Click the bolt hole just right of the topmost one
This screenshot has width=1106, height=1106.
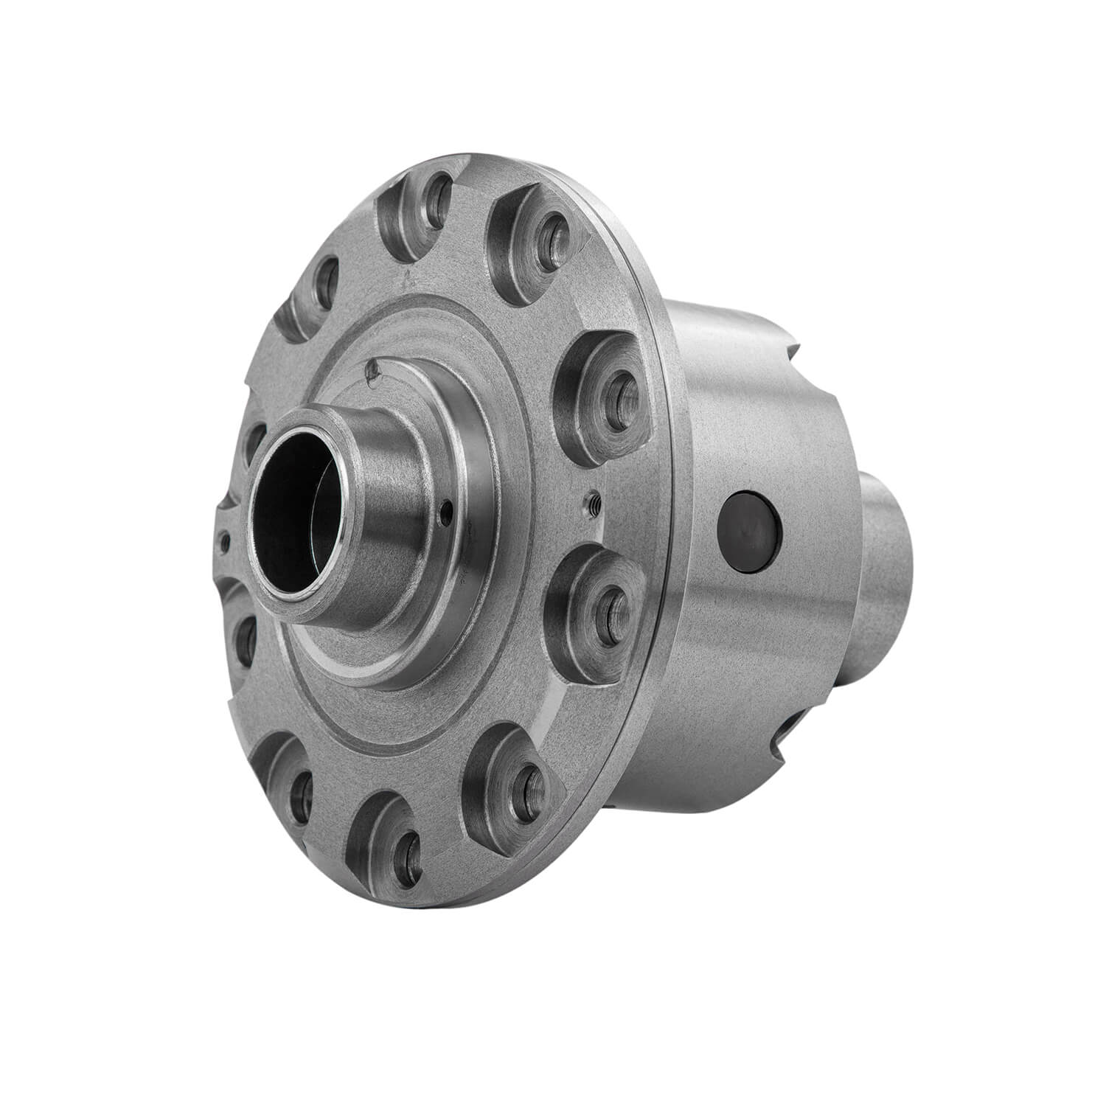(x=549, y=237)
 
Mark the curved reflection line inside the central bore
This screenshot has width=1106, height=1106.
(x=317, y=509)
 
